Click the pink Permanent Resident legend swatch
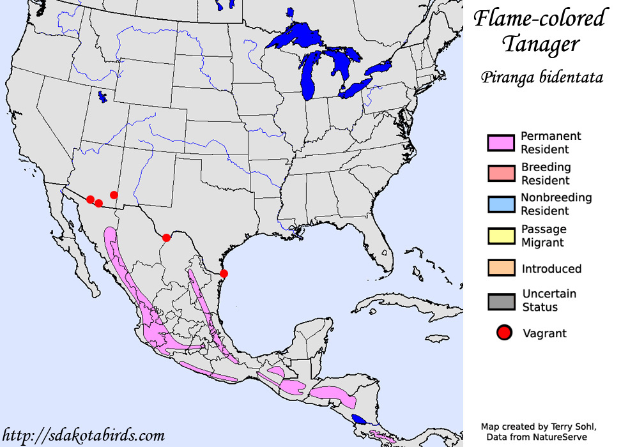pyautogui.click(x=500, y=143)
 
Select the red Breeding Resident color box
pyautogui.click(x=500, y=174)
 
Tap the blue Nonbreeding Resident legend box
pyautogui.click(x=500, y=204)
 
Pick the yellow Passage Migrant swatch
pyautogui.click(x=500, y=235)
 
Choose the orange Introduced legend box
pyautogui.click(x=500, y=268)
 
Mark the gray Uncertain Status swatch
pyautogui.click(x=500, y=301)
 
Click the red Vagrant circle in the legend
pyautogui.click(x=505, y=333)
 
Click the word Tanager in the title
pyautogui.click(x=540, y=45)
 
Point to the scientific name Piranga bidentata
pyautogui.click(x=541, y=78)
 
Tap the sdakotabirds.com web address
pyautogui.click(x=84, y=436)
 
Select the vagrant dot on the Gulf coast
pyautogui.click(x=224, y=273)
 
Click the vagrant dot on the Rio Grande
pyautogui.click(x=166, y=238)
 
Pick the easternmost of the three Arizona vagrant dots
pyautogui.click(x=114, y=195)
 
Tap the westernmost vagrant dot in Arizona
pyautogui.click(x=90, y=199)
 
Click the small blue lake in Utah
pyautogui.click(x=102, y=97)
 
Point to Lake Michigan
pyautogui.click(x=309, y=73)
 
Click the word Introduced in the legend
pyautogui.click(x=551, y=269)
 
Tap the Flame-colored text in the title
pyautogui.click(x=539, y=19)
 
